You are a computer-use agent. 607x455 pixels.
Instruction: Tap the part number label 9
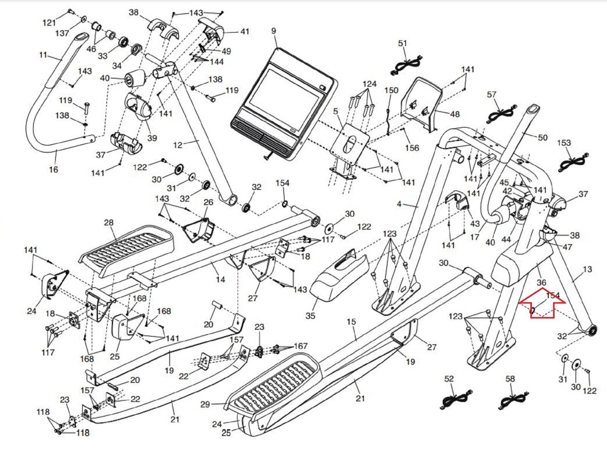(x=274, y=31)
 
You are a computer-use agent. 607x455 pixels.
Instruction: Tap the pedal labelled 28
(x=127, y=251)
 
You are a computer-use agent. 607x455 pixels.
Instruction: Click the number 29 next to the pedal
(x=205, y=404)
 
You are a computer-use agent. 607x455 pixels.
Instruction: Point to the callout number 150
(x=391, y=90)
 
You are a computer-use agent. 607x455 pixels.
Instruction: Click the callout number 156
(x=412, y=148)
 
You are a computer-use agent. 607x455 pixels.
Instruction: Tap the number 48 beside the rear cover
(x=454, y=114)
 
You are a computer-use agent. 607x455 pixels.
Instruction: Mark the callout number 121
(x=49, y=23)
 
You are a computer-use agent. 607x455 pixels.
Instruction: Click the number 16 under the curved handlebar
(x=53, y=169)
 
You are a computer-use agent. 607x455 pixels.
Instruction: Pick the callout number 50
(x=543, y=137)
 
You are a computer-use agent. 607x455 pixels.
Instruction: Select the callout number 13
(x=587, y=270)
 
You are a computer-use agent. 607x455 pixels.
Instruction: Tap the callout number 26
(x=208, y=202)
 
